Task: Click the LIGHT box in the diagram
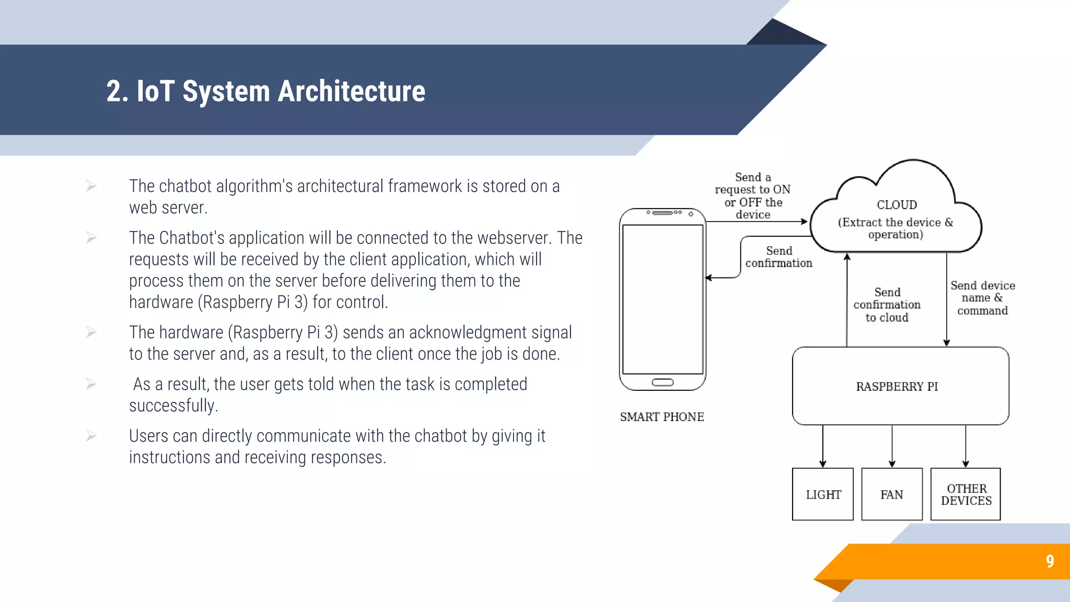tap(822, 494)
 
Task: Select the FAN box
tap(891, 494)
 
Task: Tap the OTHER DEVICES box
tap(966, 494)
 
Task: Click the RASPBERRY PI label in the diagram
tap(897, 387)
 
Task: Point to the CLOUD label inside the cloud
tap(897, 205)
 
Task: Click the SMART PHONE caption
tap(661, 417)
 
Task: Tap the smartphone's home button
tap(662, 383)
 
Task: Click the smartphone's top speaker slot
tap(662, 213)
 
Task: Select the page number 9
tap(1050, 561)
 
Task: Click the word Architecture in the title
tap(351, 91)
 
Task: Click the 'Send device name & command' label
tap(982, 298)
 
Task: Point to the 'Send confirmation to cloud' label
tap(887, 305)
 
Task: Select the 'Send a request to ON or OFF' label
tap(752, 196)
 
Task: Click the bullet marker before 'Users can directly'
tap(91, 436)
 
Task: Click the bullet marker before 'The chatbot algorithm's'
tap(91, 186)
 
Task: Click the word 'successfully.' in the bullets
tap(173, 406)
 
